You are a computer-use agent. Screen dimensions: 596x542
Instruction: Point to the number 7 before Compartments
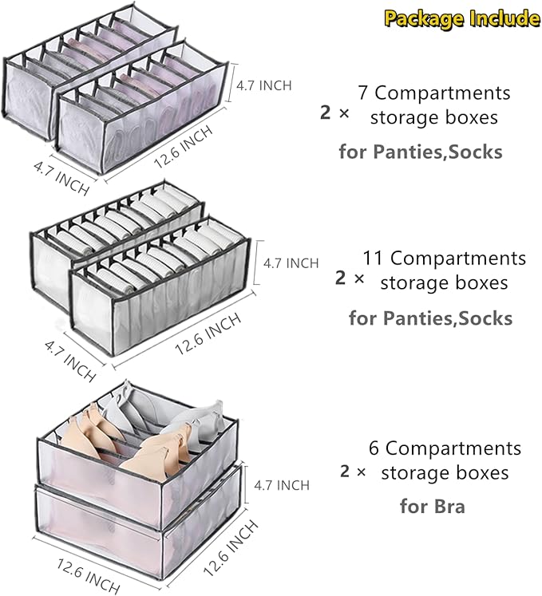(362, 93)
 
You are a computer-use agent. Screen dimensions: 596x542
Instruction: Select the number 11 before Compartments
(373, 259)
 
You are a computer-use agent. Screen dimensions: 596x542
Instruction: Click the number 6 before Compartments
(374, 448)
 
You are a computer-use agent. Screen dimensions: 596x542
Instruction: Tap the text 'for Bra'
(432, 506)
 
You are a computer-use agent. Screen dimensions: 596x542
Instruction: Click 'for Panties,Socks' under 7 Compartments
(421, 152)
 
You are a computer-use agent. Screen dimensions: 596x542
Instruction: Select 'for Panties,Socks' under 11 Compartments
(430, 318)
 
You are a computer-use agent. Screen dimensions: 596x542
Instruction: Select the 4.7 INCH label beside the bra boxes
(281, 484)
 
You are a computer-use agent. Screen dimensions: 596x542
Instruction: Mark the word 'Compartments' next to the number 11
(458, 259)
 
